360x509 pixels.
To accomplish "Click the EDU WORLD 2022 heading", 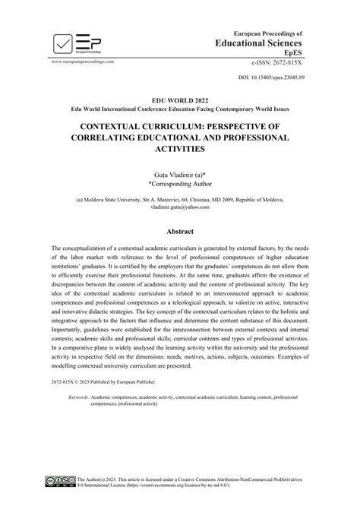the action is (x=179, y=100).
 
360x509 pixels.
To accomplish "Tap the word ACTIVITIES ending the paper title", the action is (x=179, y=149).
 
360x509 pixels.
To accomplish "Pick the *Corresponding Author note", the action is (x=179, y=185).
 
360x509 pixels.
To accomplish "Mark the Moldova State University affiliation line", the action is (x=179, y=200).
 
